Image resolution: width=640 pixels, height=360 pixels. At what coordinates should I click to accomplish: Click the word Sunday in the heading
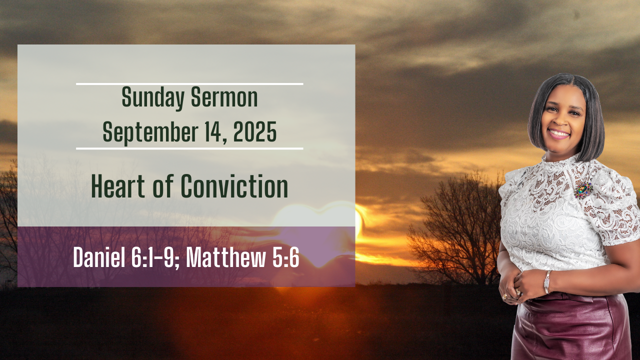click(x=152, y=98)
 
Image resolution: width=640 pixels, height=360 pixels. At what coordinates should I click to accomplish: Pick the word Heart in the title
click(x=118, y=186)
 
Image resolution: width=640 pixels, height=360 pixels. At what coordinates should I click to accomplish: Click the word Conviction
click(x=234, y=186)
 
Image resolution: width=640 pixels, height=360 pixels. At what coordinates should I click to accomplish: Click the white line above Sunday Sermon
click(x=189, y=84)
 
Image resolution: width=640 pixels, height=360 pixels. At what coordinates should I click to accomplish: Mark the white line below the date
click(x=189, y=148)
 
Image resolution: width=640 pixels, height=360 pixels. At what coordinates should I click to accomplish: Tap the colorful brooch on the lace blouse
click(x=583, y=189)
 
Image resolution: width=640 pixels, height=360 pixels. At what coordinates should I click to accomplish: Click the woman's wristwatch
click(x=547, y=282)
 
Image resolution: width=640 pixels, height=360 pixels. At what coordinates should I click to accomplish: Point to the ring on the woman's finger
click(x=518, y=291)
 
